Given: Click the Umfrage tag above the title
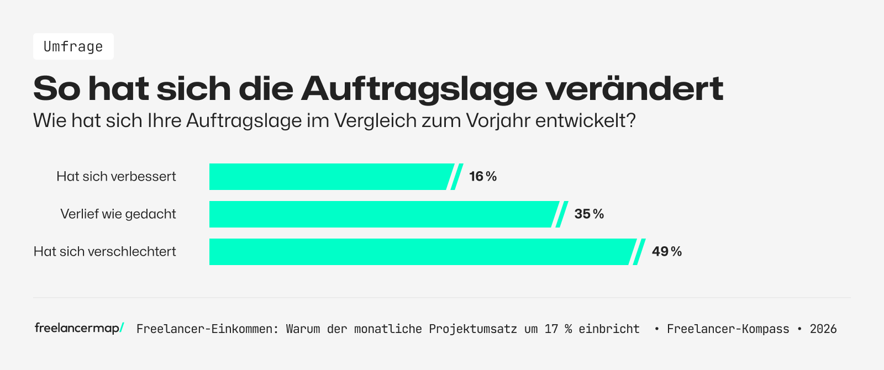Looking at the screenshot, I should tap(73, 46).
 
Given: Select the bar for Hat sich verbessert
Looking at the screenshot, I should tap(329, 177).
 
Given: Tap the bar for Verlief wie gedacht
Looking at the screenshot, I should tap(381, 214).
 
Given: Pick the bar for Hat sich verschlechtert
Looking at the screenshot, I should tap(420, 252).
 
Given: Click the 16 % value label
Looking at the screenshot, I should tap(483, 177).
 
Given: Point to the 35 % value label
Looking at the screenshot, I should tap(589, 214).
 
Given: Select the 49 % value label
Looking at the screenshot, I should tap(666, 252).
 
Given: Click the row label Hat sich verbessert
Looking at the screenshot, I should tap(116, 177).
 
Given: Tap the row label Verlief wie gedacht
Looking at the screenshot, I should tap(118, 214).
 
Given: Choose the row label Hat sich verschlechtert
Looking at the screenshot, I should tap(105, 252).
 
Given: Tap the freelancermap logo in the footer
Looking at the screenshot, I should tap(79, 328).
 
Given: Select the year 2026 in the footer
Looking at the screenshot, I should tap(823, 329).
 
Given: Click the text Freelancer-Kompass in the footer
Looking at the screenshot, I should tap(728, 329).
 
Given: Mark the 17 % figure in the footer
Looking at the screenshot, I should tap(558, 329).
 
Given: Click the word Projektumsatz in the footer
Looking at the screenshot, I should tap(473, 329).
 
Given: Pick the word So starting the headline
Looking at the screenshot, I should tap(57, 89).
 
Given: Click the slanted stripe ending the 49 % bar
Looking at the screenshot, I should tap(639, 252).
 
